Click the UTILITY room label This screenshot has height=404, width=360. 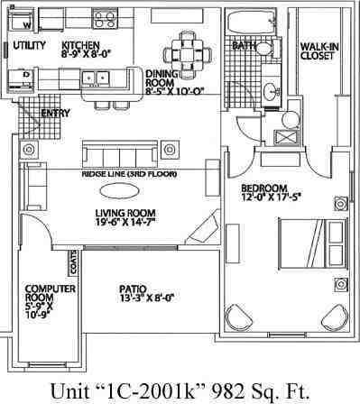pyautogui.click(x=30, y=44)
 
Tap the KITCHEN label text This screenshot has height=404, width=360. pyautogui.click(x=79, y=44)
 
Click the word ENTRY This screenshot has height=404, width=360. pyautogui.click(x=57, y=114)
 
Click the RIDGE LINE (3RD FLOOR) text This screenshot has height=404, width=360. pyautogui.click(x=129, y=173)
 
